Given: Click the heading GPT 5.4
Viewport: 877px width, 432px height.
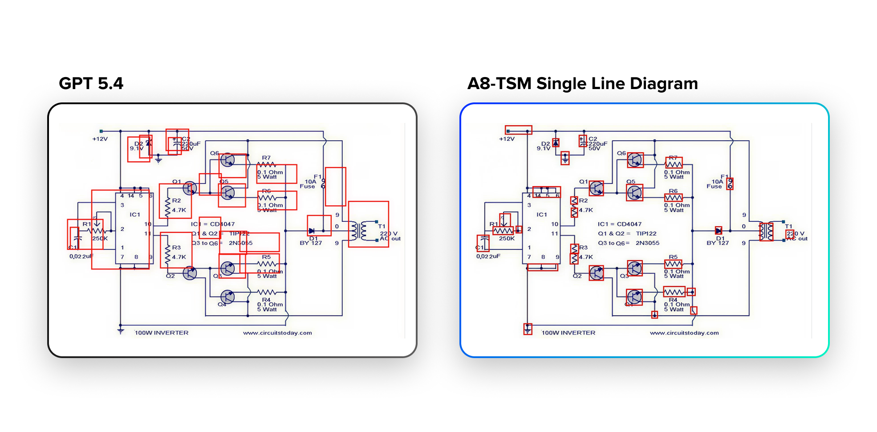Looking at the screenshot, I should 91,83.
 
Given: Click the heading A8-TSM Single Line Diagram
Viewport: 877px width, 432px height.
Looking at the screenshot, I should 582,83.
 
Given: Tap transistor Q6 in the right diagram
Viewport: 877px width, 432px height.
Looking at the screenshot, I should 635,160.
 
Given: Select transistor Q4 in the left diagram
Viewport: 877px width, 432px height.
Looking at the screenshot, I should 227,297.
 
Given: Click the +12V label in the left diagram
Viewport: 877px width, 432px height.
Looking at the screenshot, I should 100,139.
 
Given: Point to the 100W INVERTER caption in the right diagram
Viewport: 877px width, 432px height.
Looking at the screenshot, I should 568,333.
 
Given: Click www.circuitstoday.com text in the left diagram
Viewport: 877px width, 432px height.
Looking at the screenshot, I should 277,333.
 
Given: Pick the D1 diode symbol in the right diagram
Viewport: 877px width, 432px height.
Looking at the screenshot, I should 718,230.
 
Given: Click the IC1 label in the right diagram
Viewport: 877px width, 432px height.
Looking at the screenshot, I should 542,215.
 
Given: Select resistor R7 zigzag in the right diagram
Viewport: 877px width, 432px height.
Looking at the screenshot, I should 674,164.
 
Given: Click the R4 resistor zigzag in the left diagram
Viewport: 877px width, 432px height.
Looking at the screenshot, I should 267,292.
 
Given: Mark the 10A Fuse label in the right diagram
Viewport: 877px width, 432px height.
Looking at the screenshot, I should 715,184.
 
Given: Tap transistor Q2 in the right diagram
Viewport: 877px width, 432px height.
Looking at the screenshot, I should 596,273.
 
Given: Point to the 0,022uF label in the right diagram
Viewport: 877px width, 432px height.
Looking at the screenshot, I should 488,257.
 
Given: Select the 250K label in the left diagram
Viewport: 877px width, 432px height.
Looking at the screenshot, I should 100,239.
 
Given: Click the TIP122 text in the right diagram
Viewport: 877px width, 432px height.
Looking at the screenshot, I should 646,233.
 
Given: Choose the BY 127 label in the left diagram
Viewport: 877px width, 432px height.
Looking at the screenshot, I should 310,243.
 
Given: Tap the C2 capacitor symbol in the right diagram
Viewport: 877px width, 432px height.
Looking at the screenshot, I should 583,141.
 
